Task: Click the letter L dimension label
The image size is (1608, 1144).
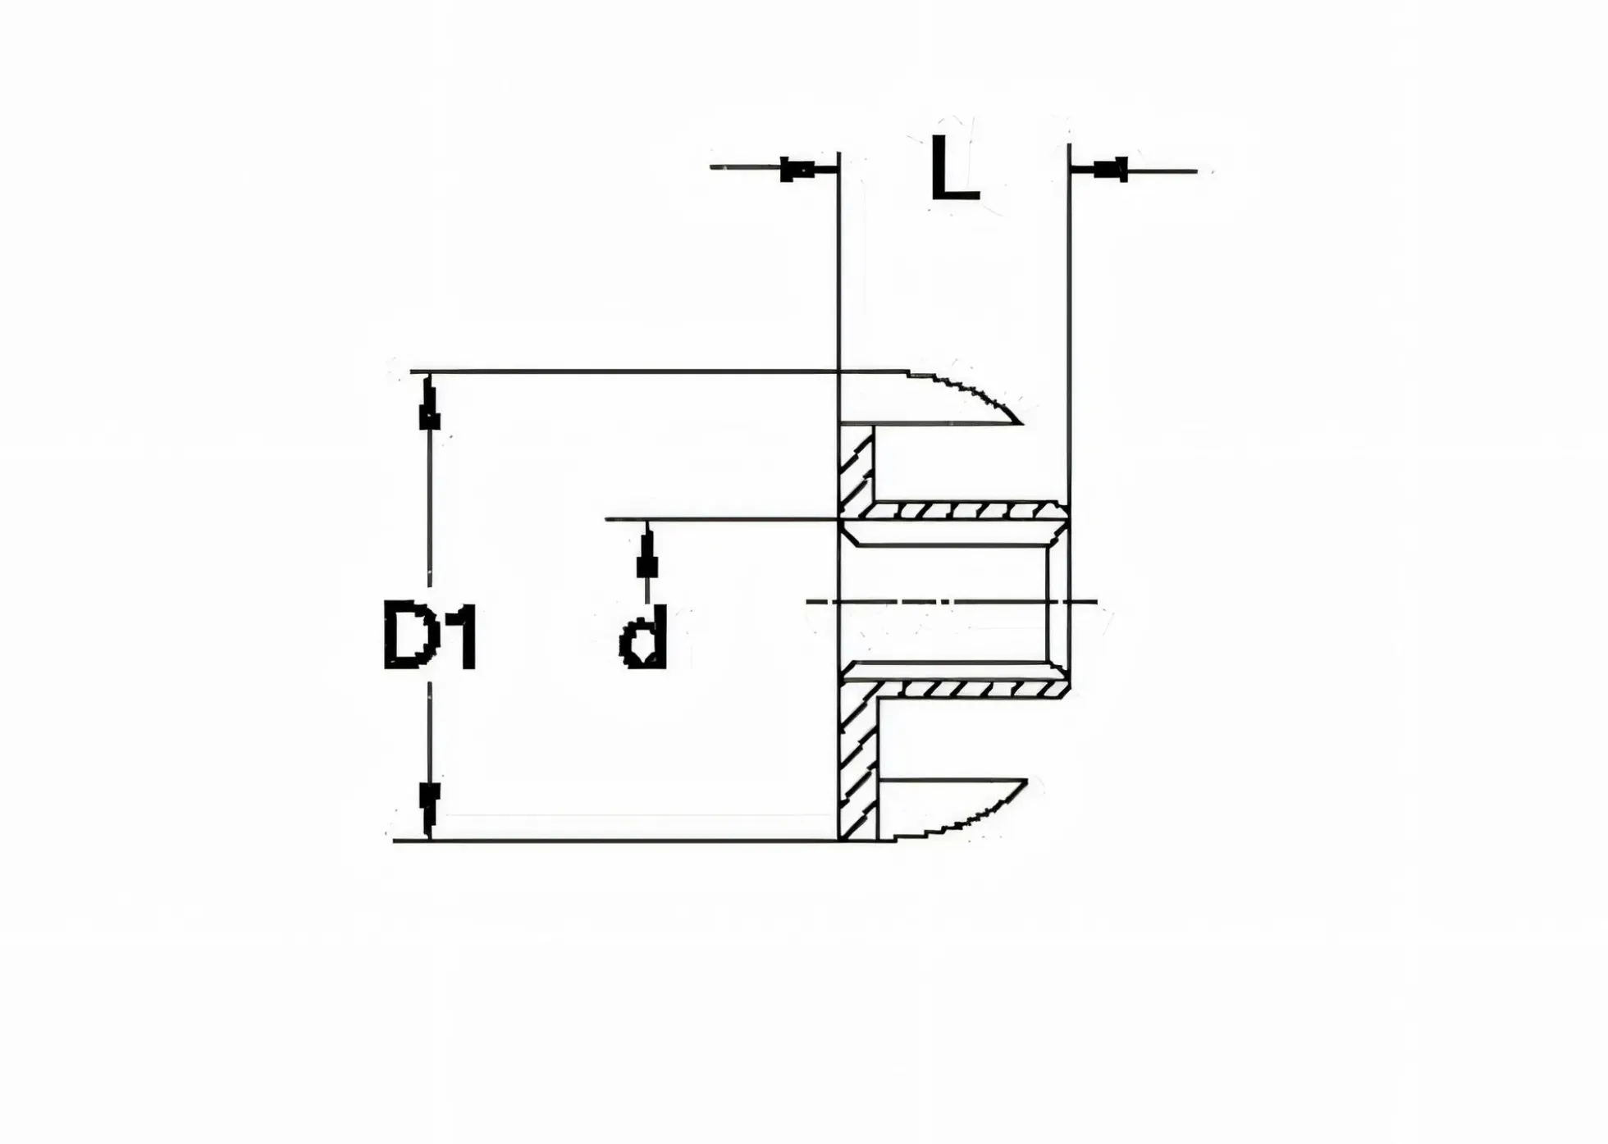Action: (x=955, y=169)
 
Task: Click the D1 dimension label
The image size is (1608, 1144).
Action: (x=430, y=636)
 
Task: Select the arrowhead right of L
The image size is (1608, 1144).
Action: (x=1110, y=171)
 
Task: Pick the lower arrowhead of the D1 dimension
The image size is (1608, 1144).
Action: (x=429, y=809)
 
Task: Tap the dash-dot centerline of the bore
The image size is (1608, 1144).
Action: (x=952, y=602)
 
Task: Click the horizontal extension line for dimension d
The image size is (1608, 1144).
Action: (x=722, y=519)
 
